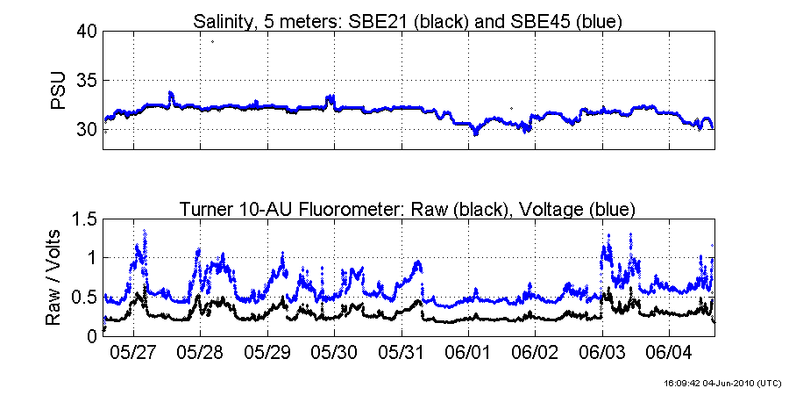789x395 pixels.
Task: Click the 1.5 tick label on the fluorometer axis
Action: click(x=81, y=219)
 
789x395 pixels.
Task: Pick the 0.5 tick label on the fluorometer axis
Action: click(x=81, y=297)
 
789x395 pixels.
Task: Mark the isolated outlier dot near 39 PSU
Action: click(x=212, y=41)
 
